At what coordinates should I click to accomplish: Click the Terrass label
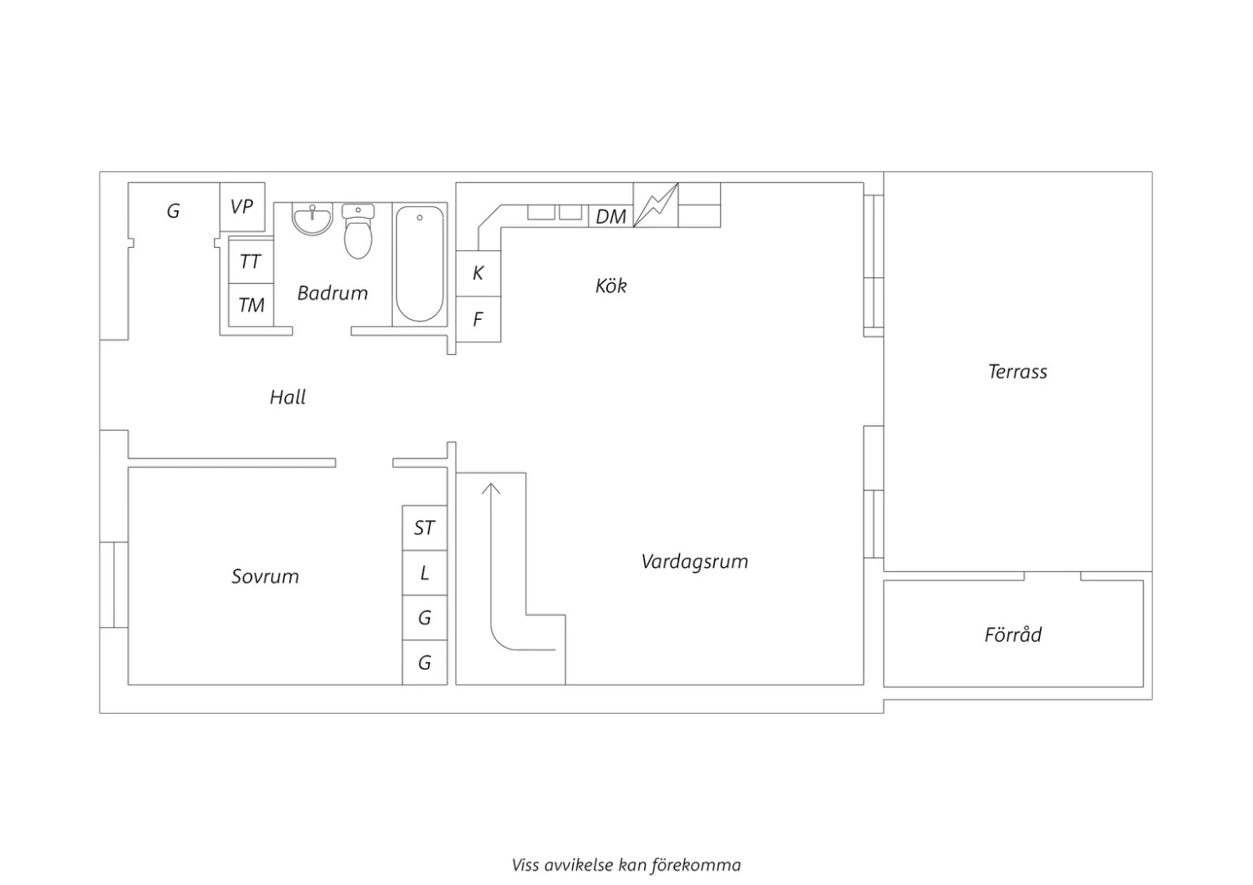tap(1017, 372)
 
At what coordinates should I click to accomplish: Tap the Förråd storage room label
tap(1012, 635)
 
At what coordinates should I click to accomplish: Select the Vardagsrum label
tap(694, 561)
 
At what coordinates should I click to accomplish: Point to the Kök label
tap(611, 286)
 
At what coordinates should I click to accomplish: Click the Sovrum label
tap(265, 576)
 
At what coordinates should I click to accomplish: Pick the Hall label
tap(287, 397)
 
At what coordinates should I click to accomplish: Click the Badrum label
tap(332, 293)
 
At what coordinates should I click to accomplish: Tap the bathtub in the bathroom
tap(419, 264)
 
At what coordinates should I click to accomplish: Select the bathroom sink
tap(312, 219)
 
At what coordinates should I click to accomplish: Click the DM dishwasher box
tap(611, 217)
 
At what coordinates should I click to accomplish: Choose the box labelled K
tap(478, 273)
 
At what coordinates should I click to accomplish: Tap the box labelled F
tap(478, 319)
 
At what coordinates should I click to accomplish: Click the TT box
tap(251, 262)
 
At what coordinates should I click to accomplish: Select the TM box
tap(251, 306)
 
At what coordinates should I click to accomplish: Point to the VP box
tap(242, 207)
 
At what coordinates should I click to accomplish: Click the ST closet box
tap(424, 528)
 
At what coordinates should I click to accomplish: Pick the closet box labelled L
tap(424, 573)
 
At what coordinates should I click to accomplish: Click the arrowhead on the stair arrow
tap(491, 488)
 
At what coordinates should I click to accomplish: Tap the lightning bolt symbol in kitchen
tap(656, 205)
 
